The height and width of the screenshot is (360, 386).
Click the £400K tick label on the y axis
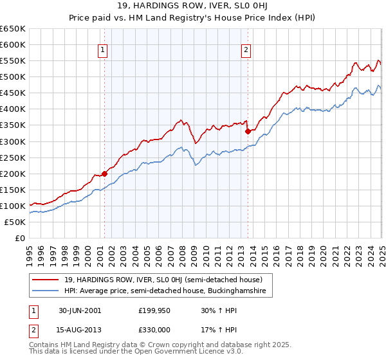pyautogui.click(x=13, y=109)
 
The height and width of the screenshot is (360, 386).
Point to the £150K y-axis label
pyautogui.click(x=13, y=190)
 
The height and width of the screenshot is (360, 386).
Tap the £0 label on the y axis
pyautogui.click(x=19, y=239)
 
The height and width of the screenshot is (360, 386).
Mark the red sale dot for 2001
pyautogui.click(x=105, y=174)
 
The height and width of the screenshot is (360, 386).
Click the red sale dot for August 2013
pyautogui.click(x=248, y=132)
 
